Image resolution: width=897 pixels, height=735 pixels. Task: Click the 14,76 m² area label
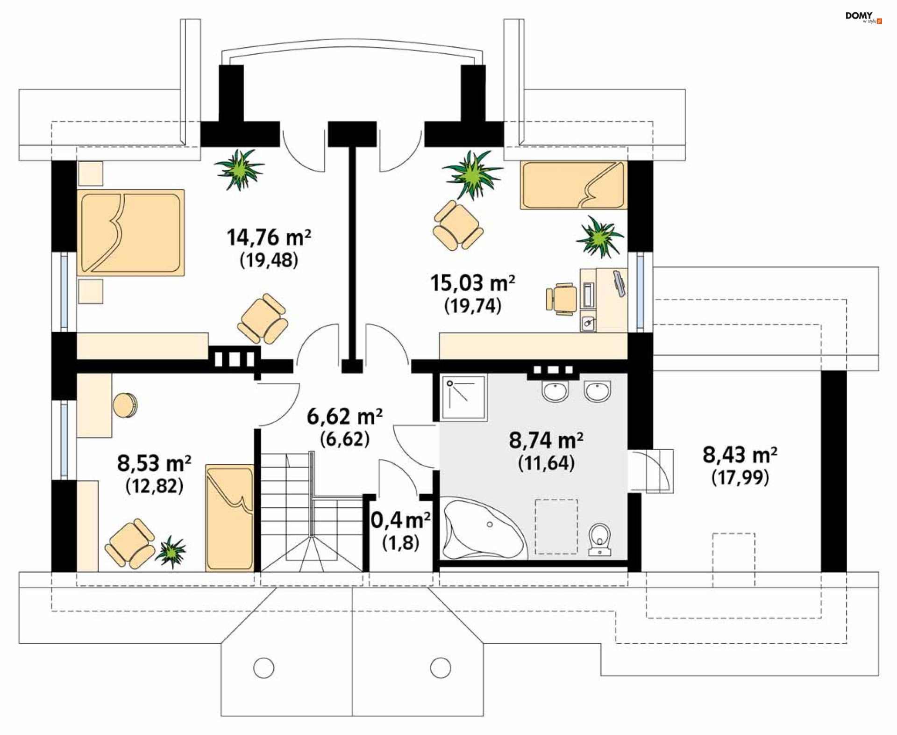(x=269, y=238)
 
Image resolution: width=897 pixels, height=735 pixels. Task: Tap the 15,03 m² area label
(x=472, y=283)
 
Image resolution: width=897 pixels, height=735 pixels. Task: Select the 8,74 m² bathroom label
(x=546, y=440)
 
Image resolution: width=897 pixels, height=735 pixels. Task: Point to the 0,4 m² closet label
(x=400, y=520)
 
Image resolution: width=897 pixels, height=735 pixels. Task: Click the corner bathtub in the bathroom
(x=484, y=530)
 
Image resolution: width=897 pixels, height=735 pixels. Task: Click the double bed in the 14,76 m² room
(x=131, y=232)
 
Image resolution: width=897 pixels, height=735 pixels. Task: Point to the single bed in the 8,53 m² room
(x=230, y=518)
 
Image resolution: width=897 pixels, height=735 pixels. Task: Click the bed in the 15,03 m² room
(x=573, y=185)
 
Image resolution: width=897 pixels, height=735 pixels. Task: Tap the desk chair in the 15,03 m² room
(x=562, y=296)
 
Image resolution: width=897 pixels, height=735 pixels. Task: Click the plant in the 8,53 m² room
(x=171, y=552)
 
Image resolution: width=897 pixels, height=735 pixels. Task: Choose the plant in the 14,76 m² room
(x=239, y=169)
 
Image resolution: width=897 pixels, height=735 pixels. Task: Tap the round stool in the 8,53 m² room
(x=125, y=405)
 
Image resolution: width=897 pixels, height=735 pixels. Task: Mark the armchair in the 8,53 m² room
(x=129, y=543)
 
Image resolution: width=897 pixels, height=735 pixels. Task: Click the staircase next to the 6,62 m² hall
(x=312, y=512)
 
